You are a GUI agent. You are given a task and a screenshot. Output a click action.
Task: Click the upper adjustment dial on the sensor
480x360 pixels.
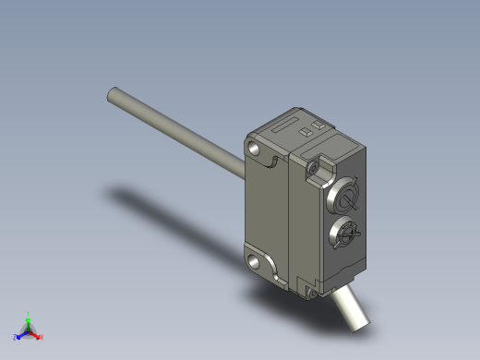coord(347,198)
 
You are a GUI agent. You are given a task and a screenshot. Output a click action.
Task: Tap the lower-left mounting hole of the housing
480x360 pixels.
coord(254,259)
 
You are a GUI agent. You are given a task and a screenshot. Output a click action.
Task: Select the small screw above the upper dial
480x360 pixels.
coord(315,168)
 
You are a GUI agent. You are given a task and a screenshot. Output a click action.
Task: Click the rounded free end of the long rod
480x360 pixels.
coord(112,93)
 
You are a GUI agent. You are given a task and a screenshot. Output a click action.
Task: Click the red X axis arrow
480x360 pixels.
coord(36,335)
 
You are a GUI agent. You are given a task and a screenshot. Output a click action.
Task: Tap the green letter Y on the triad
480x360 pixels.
coord(29,313)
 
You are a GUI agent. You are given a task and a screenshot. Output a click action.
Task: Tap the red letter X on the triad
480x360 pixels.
coord(42,337)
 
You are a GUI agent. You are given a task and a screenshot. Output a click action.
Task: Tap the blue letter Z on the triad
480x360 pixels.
coord(16,338)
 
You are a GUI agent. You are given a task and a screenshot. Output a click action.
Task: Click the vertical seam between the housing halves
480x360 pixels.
coord(291,222)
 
